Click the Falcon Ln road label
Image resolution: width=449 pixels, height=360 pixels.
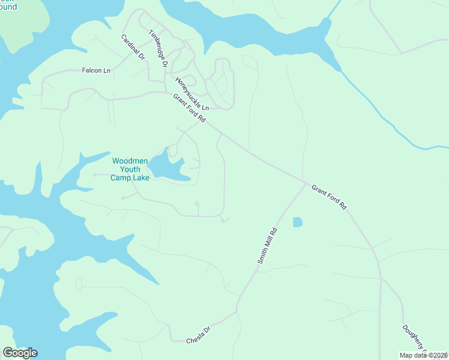(96, 71)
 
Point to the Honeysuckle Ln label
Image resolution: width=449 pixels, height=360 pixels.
(192, 93)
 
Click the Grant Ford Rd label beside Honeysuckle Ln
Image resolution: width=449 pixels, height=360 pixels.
(189, 109)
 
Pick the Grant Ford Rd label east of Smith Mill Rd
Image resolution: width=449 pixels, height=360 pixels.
(329, 197)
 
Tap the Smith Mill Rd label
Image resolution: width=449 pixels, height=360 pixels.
(267, 245)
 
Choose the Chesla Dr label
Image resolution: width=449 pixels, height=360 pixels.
(199, 335)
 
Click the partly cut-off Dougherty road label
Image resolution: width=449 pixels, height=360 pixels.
(414, 339)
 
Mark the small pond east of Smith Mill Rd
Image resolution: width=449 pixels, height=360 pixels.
(297, 223)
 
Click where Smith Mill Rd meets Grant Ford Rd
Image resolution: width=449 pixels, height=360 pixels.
(307, 183)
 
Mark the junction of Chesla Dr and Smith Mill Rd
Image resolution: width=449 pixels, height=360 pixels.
(237, 311)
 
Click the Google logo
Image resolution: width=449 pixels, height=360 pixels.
(20, 353)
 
